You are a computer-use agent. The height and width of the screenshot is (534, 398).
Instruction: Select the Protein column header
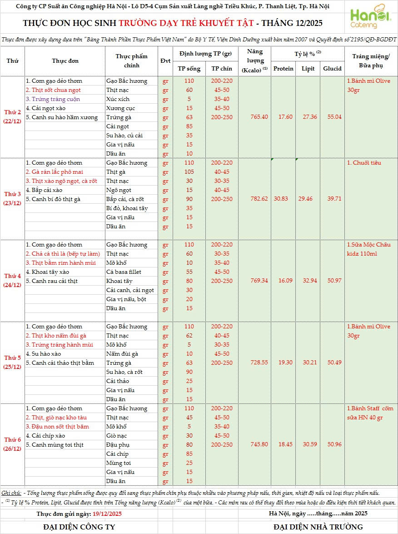point(284,69)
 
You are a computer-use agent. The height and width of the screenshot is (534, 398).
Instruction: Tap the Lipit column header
point(308,69)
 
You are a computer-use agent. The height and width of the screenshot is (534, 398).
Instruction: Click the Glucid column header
point(332,69)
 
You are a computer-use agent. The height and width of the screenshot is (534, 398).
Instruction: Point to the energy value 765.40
point(259,117)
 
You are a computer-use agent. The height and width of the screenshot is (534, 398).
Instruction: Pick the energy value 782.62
point(259,199)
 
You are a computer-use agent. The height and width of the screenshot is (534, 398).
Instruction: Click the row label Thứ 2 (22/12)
point(13,117)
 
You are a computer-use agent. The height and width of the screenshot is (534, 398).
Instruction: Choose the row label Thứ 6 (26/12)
point(13,444)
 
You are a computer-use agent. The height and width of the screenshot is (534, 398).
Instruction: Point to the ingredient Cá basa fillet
point(124,272)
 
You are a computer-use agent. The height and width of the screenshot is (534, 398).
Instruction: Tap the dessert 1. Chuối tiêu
point(364,163)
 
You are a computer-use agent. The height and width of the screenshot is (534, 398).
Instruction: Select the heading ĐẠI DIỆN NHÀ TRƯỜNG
point(318,527)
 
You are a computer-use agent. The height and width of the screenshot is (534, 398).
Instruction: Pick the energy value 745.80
point(259,444)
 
